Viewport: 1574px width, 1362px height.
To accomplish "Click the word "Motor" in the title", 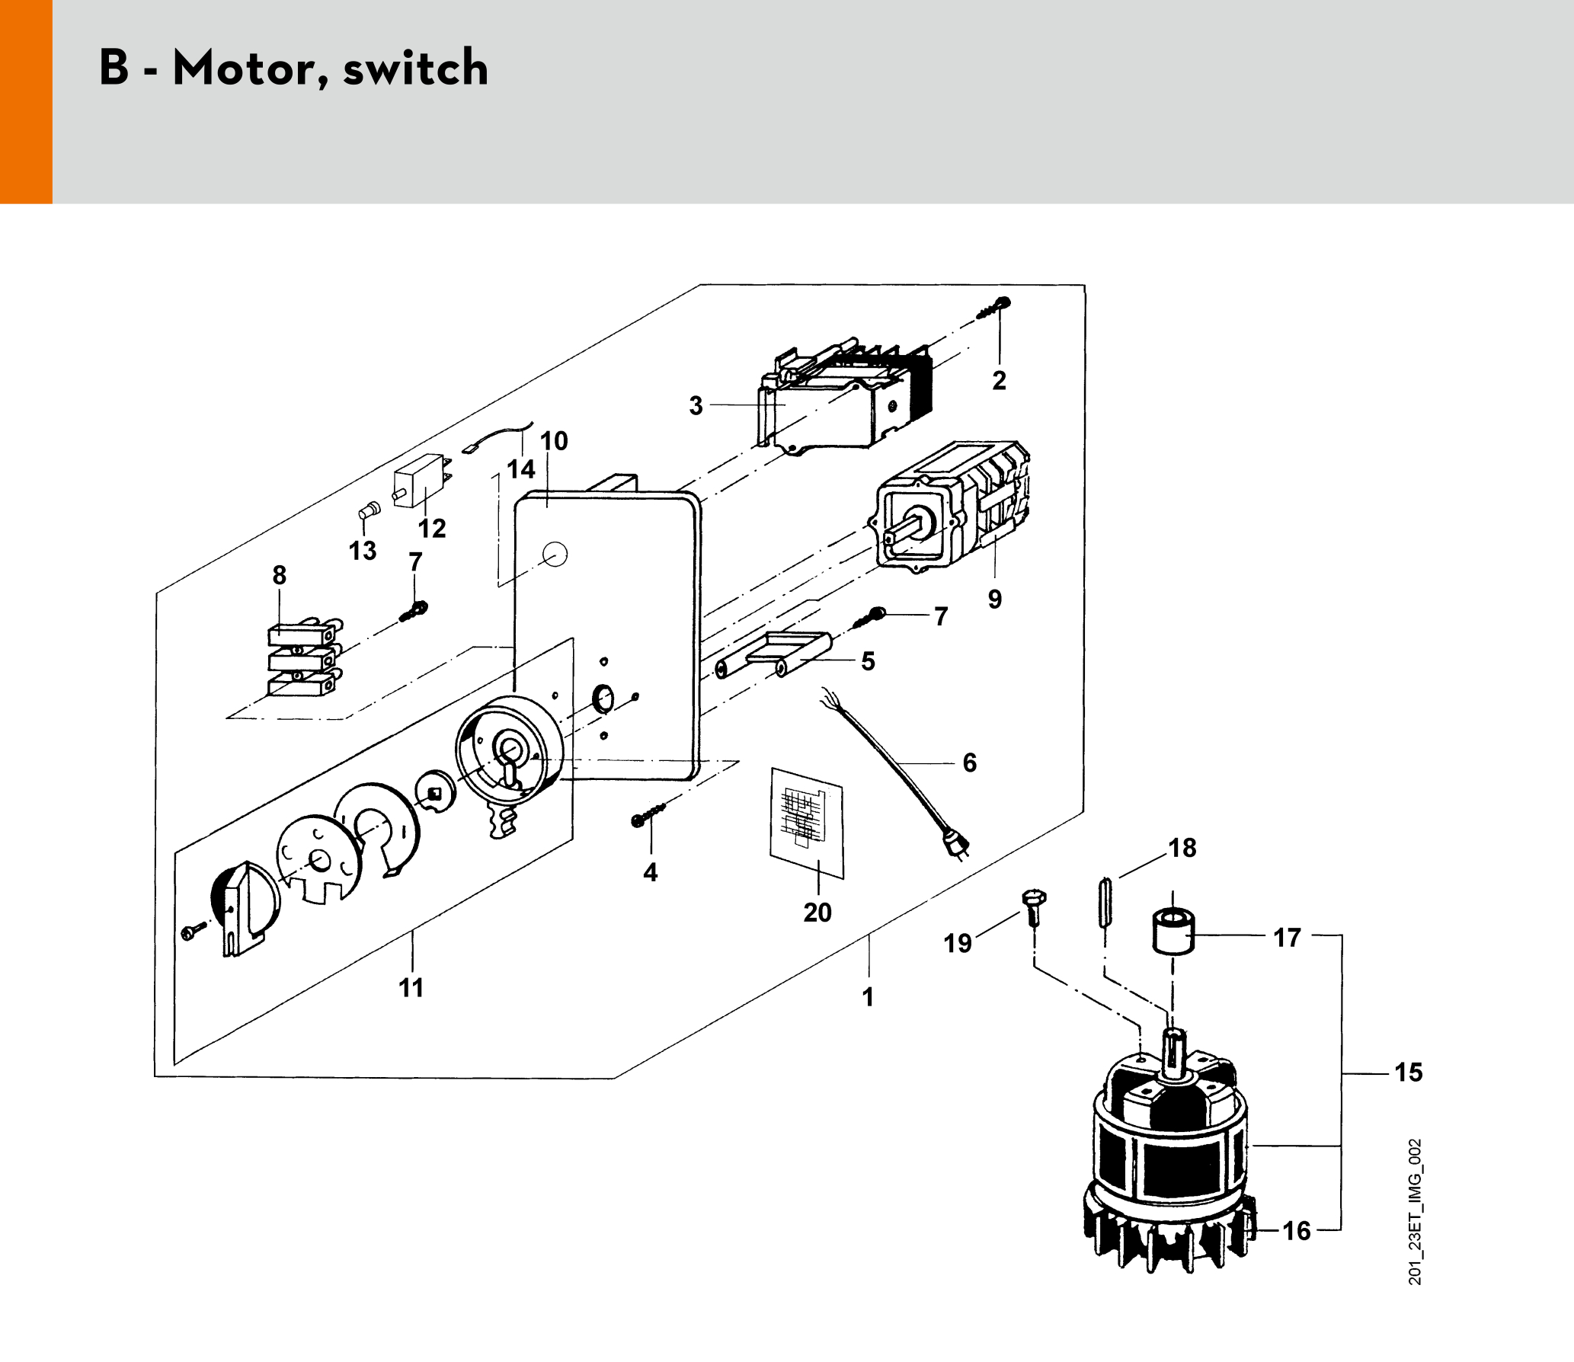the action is point(243,69).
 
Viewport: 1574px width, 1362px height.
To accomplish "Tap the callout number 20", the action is point(817,913).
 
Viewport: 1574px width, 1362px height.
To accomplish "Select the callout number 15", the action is point(1409,1073).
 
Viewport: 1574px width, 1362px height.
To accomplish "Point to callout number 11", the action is point(411,988).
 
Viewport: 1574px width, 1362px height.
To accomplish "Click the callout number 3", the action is point(696,405).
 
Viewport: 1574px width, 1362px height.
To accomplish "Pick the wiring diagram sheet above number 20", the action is point(807,823).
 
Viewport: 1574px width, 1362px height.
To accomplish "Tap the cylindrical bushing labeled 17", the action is point(1173,931).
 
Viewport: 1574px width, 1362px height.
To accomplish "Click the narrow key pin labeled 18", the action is point(1105,903).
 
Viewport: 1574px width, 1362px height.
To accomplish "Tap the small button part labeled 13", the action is point(369,510).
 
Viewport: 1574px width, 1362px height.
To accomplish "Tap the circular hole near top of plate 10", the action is point(555,554).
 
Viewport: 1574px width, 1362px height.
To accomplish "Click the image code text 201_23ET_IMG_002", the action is point(1415,1211).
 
